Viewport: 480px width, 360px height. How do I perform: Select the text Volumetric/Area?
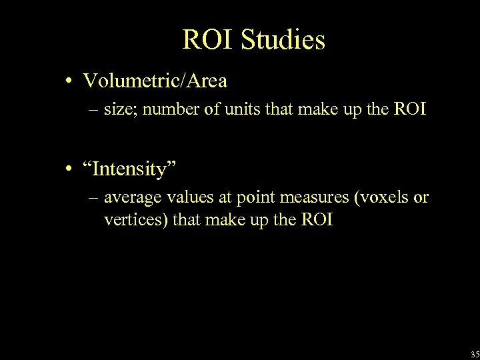155,81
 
